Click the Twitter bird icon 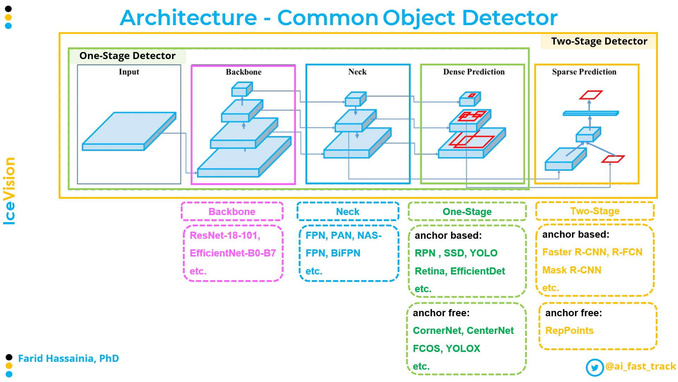pyautogui.click(x=595, y=367)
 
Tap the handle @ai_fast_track pyautogui.click(x=641, y=366)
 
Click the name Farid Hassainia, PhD pyautogui.click(x=69, y=358)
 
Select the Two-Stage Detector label pyautogui.click(x=599, y=41)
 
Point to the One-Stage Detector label pyautogui.click(x=127, y=56)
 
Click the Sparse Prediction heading pyautogui.click(x=584, y=72)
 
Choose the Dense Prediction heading pyautogui.click(x=474, y=72)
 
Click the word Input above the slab pyautogui.click(x=129, y=72)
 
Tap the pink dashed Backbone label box pyautogui.click(x=232, y=212)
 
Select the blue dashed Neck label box pyautogui.click(x=348, y=212)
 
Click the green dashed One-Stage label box pyautogui.click(x=467, y=212)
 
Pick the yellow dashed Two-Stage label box pyautogui.click(x=595, y=211)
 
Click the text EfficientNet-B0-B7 pyautogui.click(x=233, y=253)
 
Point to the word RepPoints pyautogui.click(x=569, y=331)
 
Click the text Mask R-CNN pyautogui.click(x=572, y=270)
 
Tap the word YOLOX pyautogui.click(x=463, y=349)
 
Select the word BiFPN pyautogui.click(x=345, y=253)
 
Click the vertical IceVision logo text pyautogui.click(x=9, y=191)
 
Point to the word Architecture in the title pyautogui.click(x=188, y=18)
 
